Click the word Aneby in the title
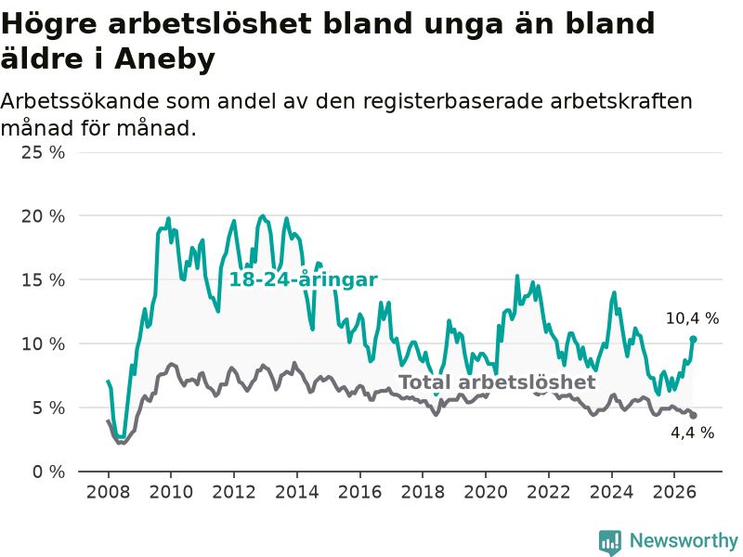tap(164, 59)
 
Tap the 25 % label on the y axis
tap(43, 152)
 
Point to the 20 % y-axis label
tap(43, 216)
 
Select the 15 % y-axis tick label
tap(43, 280)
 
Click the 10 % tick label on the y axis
tap(43, 343)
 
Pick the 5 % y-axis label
tap(49, 408)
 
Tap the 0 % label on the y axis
tap(49, 472)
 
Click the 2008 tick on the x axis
tap(108, 492)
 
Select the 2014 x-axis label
tap(297, 492)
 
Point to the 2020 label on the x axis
tap(486, 492)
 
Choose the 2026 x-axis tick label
tap(674, 492)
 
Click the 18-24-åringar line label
tap(304, 279)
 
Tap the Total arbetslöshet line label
tap(497, 382)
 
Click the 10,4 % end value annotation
tap(692, 318)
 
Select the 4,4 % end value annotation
tap(692, 433)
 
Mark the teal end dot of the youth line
tap(693, 339)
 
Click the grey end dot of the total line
tap(693, 415)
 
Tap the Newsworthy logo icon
tap(610, 542)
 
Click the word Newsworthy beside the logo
tap(684, 540)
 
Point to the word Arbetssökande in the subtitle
tap(80, 101)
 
